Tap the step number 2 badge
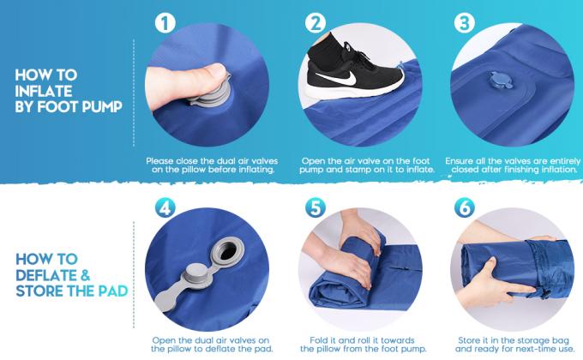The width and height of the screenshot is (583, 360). tap(316, 23)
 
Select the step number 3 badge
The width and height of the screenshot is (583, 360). tap(466, 23)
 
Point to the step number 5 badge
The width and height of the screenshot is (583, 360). tap(316, 208)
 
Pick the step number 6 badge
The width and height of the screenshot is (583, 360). tap(466, 208)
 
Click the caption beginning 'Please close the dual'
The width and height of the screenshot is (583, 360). tap(210, 165)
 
